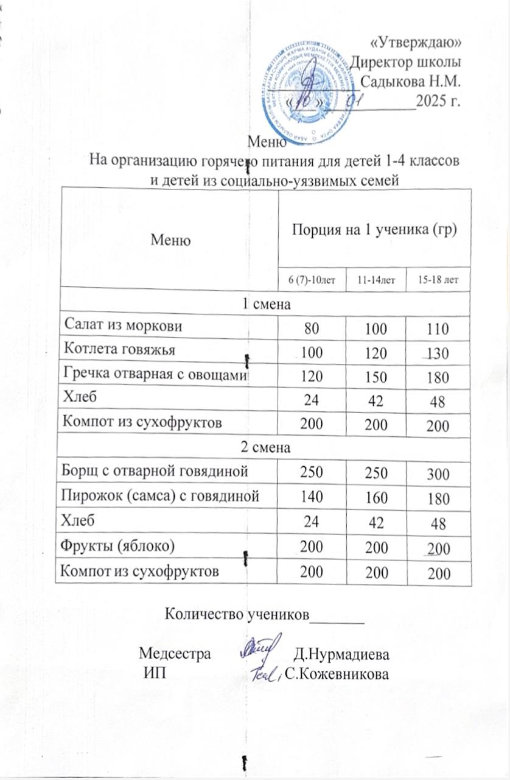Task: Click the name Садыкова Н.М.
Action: tap(411, 80)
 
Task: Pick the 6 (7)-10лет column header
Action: tap(311, 280)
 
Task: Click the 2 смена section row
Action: tap(266, 447)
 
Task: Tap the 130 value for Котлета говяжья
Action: tap(438, 353)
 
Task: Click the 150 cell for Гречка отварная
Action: tap(372, 377)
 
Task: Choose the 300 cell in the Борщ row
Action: tap(438, 473)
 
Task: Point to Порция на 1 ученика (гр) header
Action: tap(374, 230)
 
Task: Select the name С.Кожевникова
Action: tap(341, 675)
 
